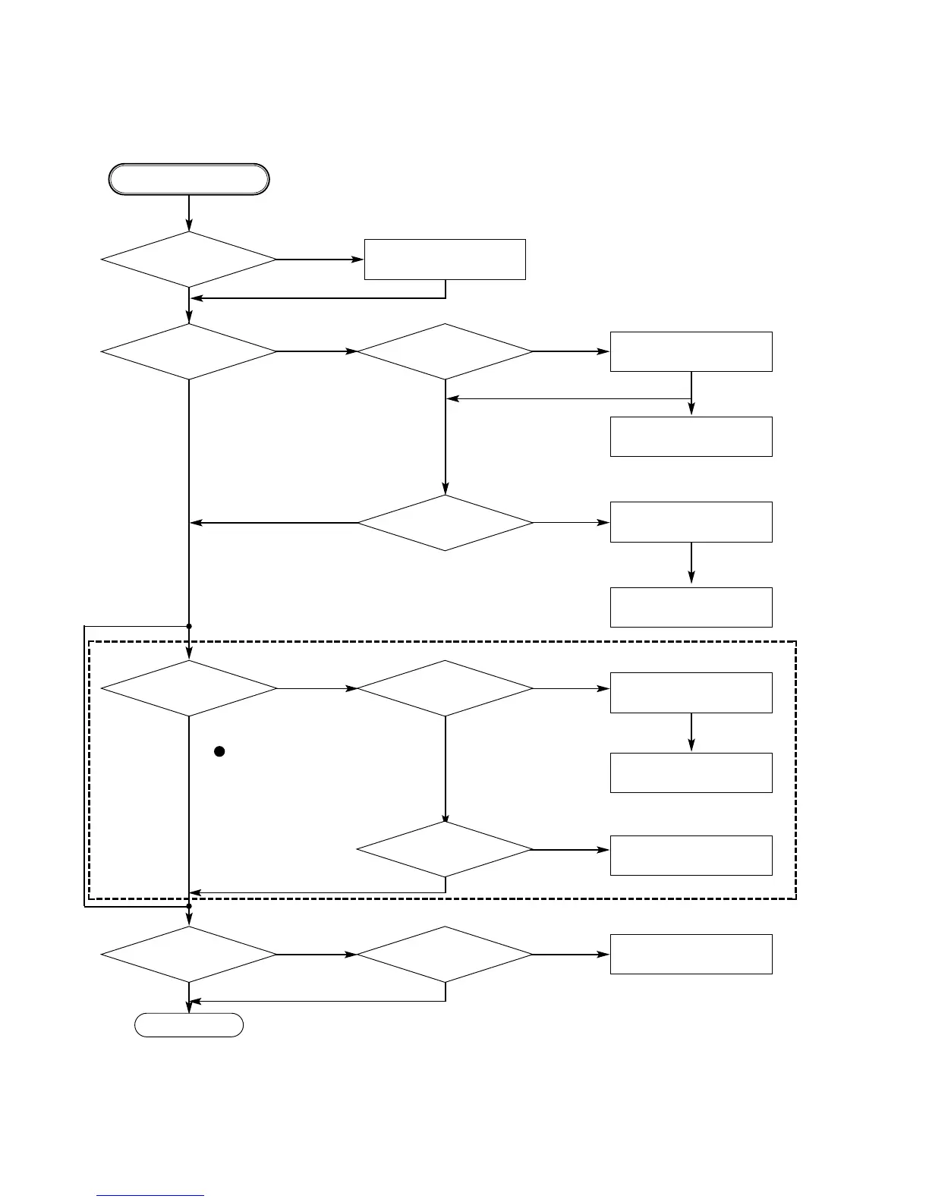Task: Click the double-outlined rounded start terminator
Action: coord(189,179)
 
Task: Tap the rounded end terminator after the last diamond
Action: coord(189,1024)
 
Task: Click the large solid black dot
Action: coord(219,751)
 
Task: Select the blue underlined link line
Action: coord(150,1196)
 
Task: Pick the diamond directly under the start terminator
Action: coord(189,260)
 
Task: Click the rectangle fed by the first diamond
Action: coord(445,260)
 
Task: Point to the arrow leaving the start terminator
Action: coord(189,213)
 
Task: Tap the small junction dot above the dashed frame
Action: coord(189,626)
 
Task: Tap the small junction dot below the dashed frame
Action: coord(189,905)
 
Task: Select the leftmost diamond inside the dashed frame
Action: coord(189,688)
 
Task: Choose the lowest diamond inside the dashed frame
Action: coord(445,849)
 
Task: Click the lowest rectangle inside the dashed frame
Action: coord(691,855)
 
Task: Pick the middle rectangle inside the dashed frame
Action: coord(691,772)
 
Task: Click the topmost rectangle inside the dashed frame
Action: coord(691,692)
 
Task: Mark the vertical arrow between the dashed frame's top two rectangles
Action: coord(691,732)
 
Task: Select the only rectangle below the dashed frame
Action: coord(691,954)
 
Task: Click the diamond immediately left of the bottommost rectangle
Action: coord(445,954)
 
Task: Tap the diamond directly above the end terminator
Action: coord(189,954)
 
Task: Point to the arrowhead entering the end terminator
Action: coord(189,1007)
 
